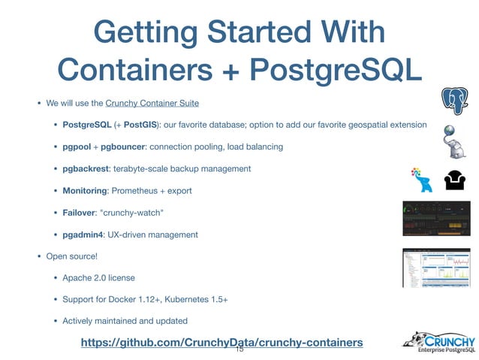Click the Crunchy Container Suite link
[x=152, y=102]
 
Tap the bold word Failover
[x=83, y=213]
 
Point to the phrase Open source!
[x=72, y=256]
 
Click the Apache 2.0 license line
[x=99, y=278]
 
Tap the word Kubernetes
[x=179, y=300]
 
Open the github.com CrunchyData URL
[x=221, y=343]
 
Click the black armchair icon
[x=455, y=180]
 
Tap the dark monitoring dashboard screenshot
[x=435, y=217]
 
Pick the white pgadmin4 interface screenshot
[x=435, y=267]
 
